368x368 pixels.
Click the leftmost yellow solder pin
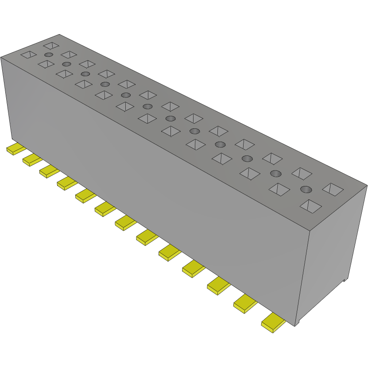tap(16, 149)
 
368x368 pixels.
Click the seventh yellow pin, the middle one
tap(126, 222)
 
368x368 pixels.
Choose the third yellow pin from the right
tap(219, 286)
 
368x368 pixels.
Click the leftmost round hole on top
tap(49, 54)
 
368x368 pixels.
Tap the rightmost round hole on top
tap(306, 190)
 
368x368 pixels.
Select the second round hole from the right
tap(275, 174)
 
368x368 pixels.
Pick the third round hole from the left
tap(85, 74)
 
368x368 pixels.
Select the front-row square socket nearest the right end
tap(311, 205)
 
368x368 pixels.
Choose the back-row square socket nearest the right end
tap(333, 189)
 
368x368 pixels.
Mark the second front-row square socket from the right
tap(279, 190)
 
